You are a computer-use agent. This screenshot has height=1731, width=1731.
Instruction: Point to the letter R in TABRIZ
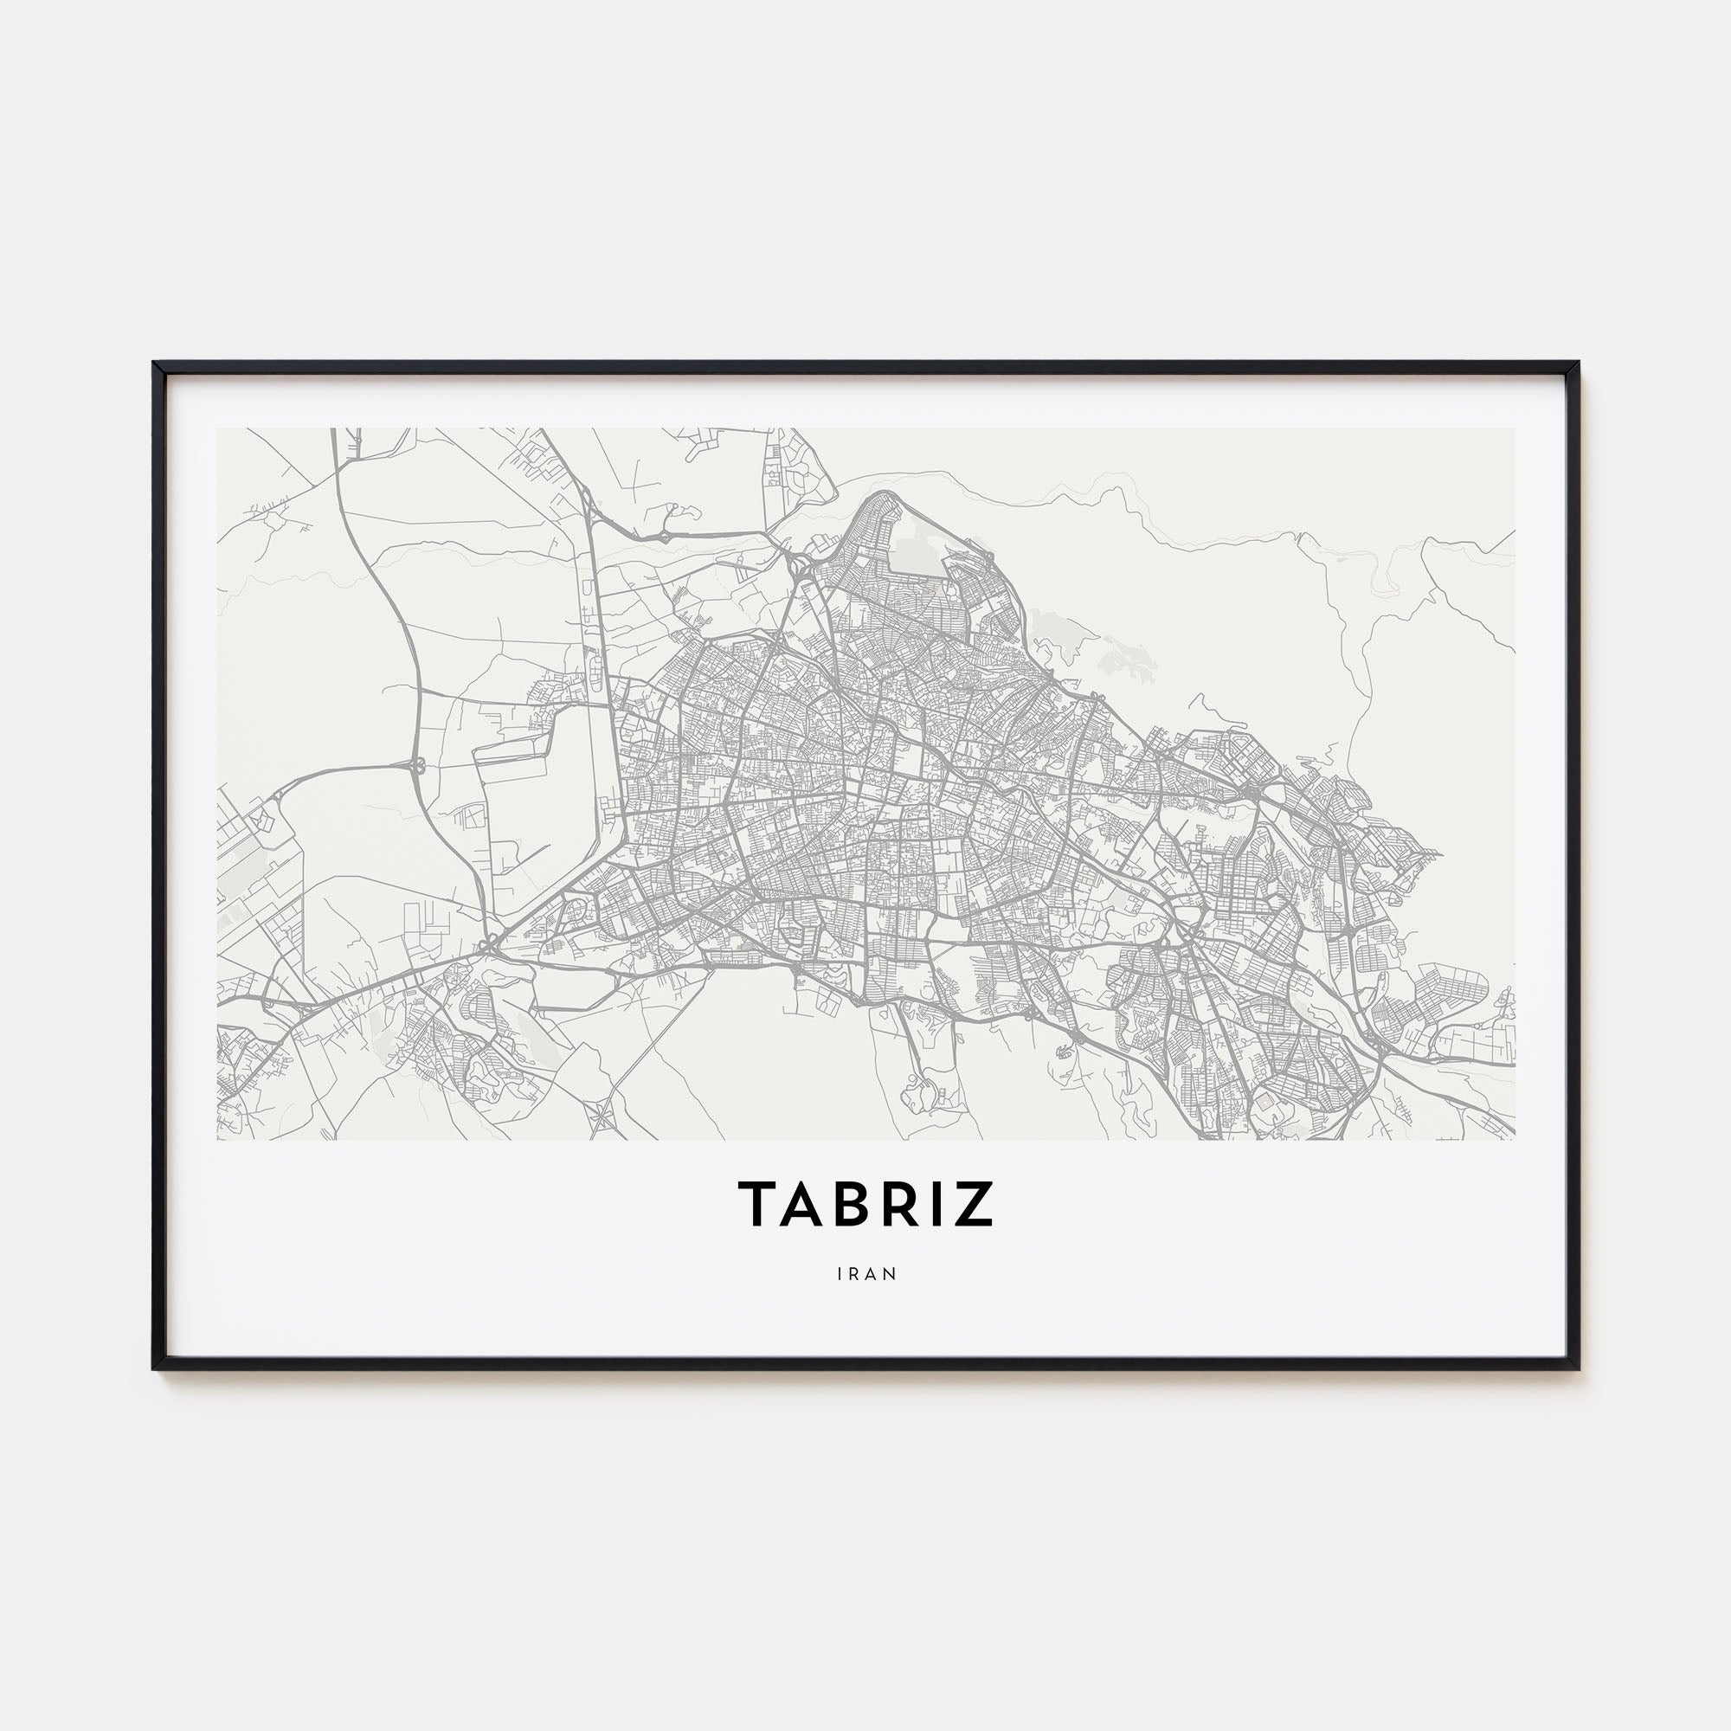point(907,1203)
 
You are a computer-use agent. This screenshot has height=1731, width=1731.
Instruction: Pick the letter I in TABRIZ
point(941,1203)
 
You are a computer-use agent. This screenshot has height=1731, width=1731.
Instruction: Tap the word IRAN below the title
point(866,1273)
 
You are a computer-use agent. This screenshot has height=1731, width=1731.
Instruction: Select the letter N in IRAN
point(891,1273)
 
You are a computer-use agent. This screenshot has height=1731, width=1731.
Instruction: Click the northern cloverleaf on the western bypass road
point(417,766)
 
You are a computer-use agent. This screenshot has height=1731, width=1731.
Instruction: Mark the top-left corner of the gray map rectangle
point(218,428)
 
